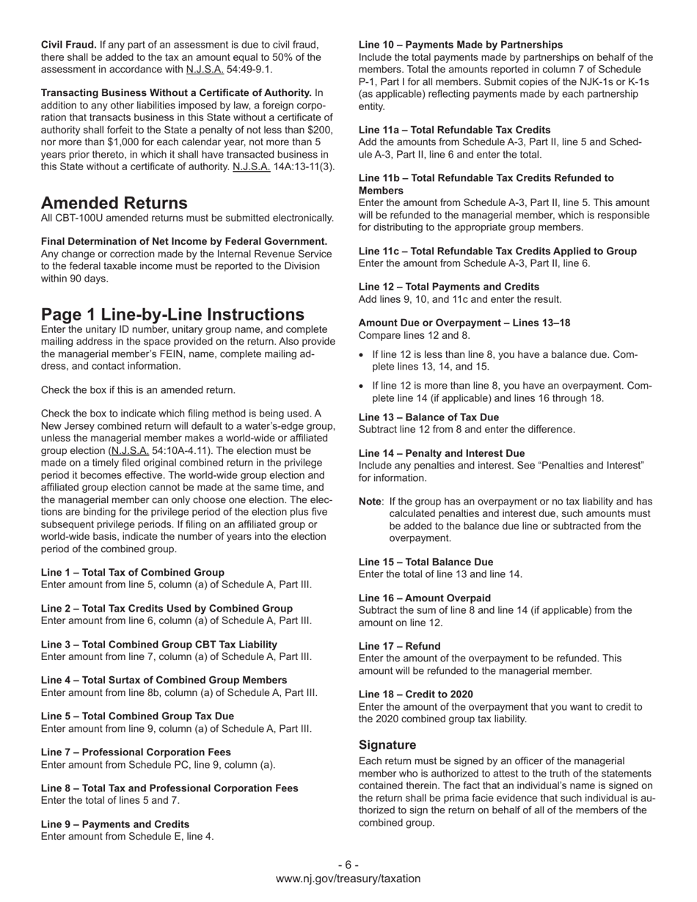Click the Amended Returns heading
click(x=114, y=203)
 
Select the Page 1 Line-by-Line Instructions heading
click(x=172, y=315)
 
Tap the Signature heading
click(x=387, y=745)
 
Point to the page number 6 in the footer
click(x=348, y=865)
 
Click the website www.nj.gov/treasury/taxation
click(x=348, y=879)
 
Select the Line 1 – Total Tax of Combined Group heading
click(x=133, y=572)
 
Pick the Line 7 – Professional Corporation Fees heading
click(x=136, y=752)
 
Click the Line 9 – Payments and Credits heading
click(x=115, y=824)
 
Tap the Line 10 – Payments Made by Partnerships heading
click(x=461, y=45)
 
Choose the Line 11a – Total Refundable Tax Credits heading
click(x=455, y=130)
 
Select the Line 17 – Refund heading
click(x=400, y=646)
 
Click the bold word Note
click(x=371, y=502)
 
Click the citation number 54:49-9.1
click(x=239, y=70)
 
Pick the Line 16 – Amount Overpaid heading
click(x=425, y=598)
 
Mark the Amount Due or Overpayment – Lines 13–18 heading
click(x=464, y=323)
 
